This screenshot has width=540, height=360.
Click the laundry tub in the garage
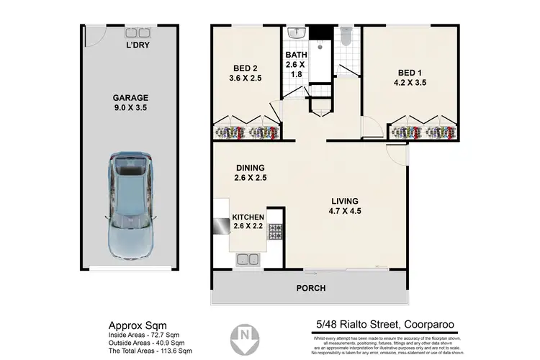click(135, 32)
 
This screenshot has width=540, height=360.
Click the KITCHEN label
click(248, 217)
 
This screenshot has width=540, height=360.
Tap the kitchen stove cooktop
click(274, 231)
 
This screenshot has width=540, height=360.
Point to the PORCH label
click(310, 288)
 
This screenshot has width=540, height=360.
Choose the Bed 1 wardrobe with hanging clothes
click(425, 132)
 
